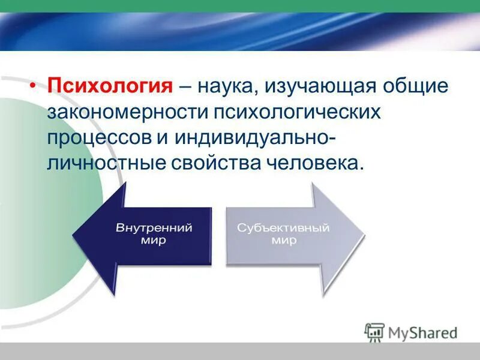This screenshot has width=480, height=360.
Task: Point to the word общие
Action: click(x=418, y=86)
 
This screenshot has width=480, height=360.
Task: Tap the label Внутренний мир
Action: click(x=154, y=234)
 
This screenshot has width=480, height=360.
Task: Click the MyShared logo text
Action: click(x=423, y=332)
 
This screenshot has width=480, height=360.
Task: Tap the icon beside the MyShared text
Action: click(x=374, y=332)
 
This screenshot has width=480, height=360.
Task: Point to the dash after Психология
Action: click(x=185, y=86)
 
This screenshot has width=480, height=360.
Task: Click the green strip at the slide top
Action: click(x=240, y=5)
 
